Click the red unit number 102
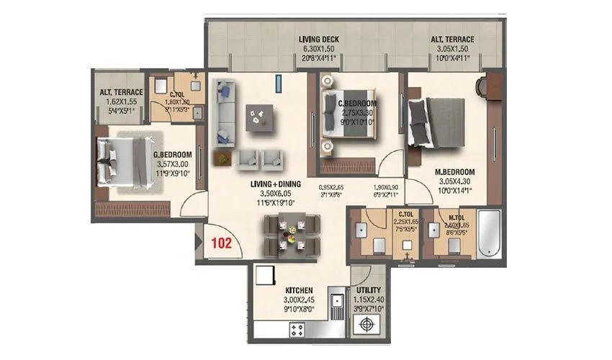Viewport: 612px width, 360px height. click(221, 243)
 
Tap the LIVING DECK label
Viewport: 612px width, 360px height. click(319, 40)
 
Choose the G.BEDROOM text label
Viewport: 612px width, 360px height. click(171, 155)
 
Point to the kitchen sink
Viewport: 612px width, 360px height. click(336, 303)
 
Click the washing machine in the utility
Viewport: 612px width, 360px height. click(368, 325)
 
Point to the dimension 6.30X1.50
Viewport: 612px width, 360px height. click(319, 49)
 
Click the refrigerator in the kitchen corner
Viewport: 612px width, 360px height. click(263, 277)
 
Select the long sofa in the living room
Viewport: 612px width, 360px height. click(224, 112)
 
